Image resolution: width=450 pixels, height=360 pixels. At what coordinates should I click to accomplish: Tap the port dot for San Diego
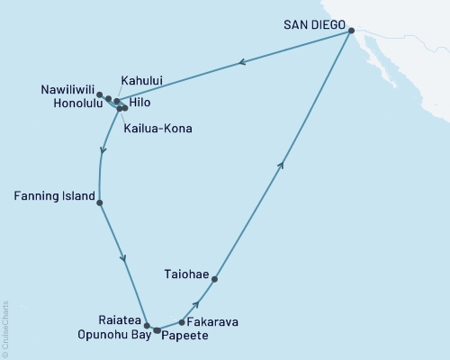point(351,31)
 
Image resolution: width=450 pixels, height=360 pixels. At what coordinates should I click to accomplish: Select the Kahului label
point(144,80)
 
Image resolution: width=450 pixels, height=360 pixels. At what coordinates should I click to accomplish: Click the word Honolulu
point(71,104)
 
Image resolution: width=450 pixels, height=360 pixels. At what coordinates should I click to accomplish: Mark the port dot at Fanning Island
point(99,202)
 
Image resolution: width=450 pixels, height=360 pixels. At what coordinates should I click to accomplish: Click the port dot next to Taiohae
point(214,279)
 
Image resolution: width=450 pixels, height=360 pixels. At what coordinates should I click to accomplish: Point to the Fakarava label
point(214,319)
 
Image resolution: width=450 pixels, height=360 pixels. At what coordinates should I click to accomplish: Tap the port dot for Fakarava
point(182,321)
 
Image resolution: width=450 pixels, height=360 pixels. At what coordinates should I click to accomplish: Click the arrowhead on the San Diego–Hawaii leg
point(240,63)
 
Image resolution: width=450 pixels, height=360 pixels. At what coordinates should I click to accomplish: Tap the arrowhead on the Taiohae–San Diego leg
point(283,163)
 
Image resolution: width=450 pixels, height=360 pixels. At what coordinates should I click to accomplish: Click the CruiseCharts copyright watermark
point(5,329)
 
